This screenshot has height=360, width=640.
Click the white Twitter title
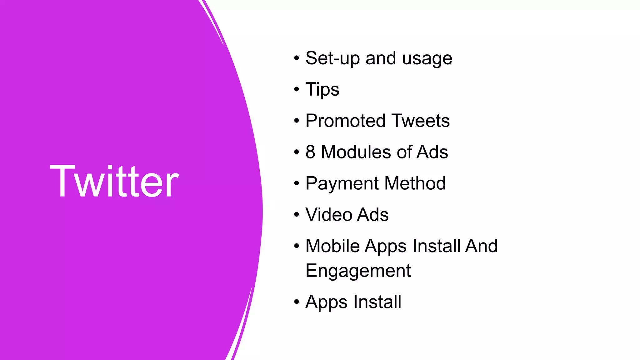click(x=114, y=181)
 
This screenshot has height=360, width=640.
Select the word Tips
click(x=322, y=90)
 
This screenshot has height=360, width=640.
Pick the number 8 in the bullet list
click(x=310, y=152)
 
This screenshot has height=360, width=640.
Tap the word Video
click(x=329, y=215)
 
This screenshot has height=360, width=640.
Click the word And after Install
click(x=481, y=246)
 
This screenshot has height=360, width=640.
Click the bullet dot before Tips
click(x=297, y=90)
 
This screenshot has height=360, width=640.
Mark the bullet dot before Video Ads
click(x=297, y=215)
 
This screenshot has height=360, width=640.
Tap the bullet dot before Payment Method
click(x=297, y=183)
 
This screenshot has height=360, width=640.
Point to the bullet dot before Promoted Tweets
click(x=297, y=121)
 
